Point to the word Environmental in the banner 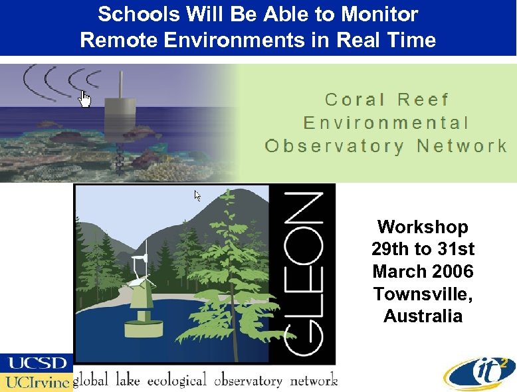click(386, 123)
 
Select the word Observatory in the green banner click(334, 146)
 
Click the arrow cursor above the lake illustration click(197, 195)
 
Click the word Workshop click(423, 227)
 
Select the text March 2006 click(423, 272)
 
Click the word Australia click(423, 316)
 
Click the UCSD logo click(37, 363)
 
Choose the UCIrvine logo click(37, 381)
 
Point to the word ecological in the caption click(177, 381)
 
